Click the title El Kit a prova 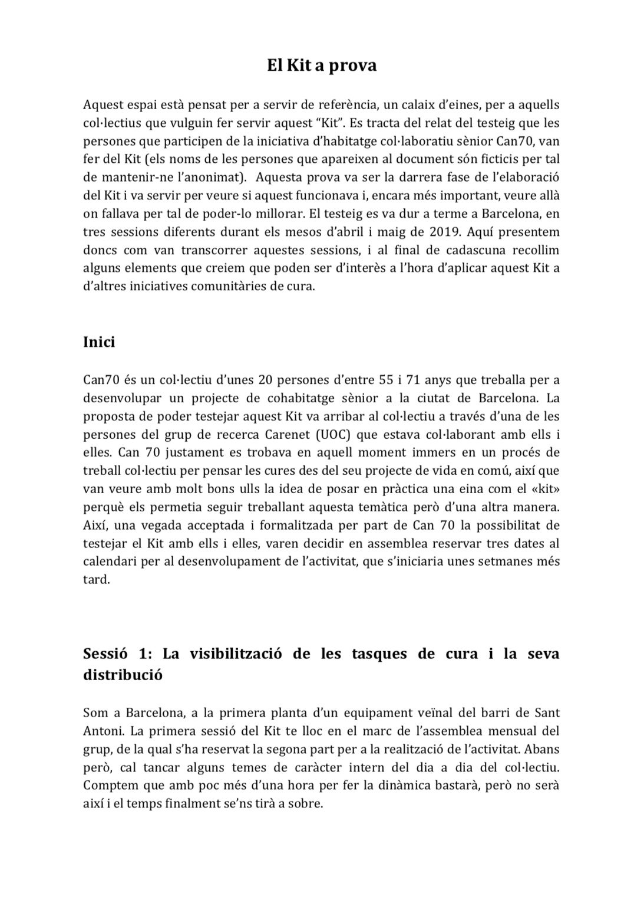coord(322,65)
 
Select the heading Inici coord(99,342)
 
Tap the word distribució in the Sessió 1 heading coord(123,675)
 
